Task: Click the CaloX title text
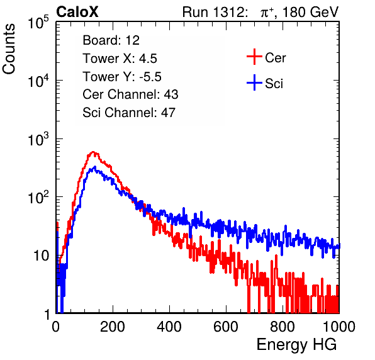coord(77,12)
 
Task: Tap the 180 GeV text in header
coord(310,12)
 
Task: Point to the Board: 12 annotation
coord(111,40)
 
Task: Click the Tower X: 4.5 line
coord(120,59)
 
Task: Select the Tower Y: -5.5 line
coord(122,77)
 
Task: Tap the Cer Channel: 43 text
coord(130,94)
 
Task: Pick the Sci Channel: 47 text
coord(129,113)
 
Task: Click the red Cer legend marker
coord(254,57)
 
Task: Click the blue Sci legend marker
coord(254,83)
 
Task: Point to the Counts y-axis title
coord(9,49)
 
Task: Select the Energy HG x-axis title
coord(296,345)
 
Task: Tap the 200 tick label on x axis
coord(113,327)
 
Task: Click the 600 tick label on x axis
coord(226,327)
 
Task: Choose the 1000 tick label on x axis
coord(339,327)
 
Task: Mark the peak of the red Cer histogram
coord(93,152)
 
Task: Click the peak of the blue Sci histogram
coord(95,167)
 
